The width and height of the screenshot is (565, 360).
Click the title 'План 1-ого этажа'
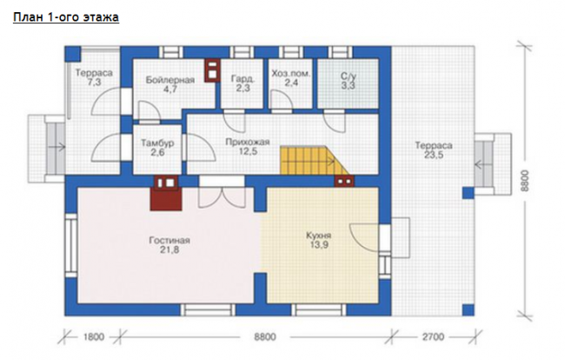coord(66,17)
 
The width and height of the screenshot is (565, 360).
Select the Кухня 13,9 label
coord(318,240)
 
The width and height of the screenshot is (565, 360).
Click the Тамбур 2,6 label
coord(157,147)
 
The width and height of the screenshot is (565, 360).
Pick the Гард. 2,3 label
coord(243,83)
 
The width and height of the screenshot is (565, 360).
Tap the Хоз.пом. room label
coord(291,74)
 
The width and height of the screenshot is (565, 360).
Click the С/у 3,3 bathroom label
coord(349,81)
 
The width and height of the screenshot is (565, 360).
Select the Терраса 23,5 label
coord(434,150)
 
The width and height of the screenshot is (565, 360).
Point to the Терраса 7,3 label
coord(94,77)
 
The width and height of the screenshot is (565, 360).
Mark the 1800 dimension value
coord(94,337)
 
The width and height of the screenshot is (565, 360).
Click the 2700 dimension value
coord(433,337)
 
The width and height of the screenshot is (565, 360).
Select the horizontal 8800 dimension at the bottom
coord(265,337)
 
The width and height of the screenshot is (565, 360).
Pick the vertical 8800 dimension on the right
coord(525,181)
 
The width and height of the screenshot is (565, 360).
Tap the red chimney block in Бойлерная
coord(212,70)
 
